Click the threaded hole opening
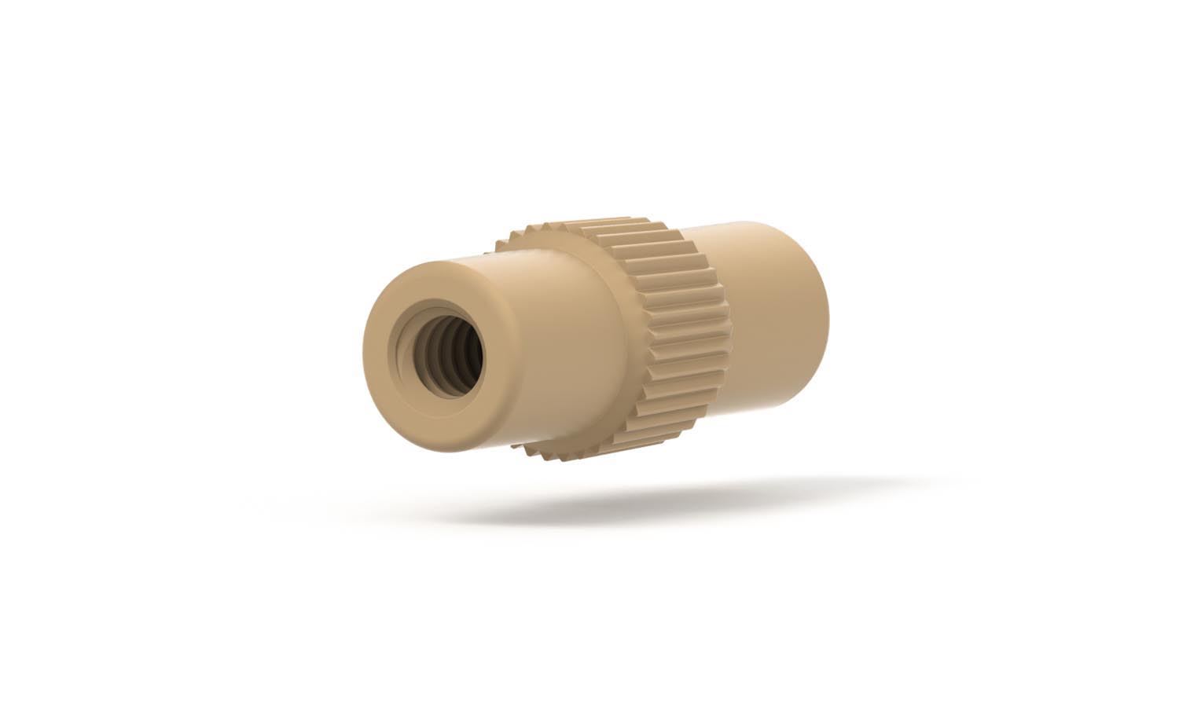click(x=440, y=351)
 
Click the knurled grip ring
click(x=676, y=330)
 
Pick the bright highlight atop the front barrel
click(x=503, y=255)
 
